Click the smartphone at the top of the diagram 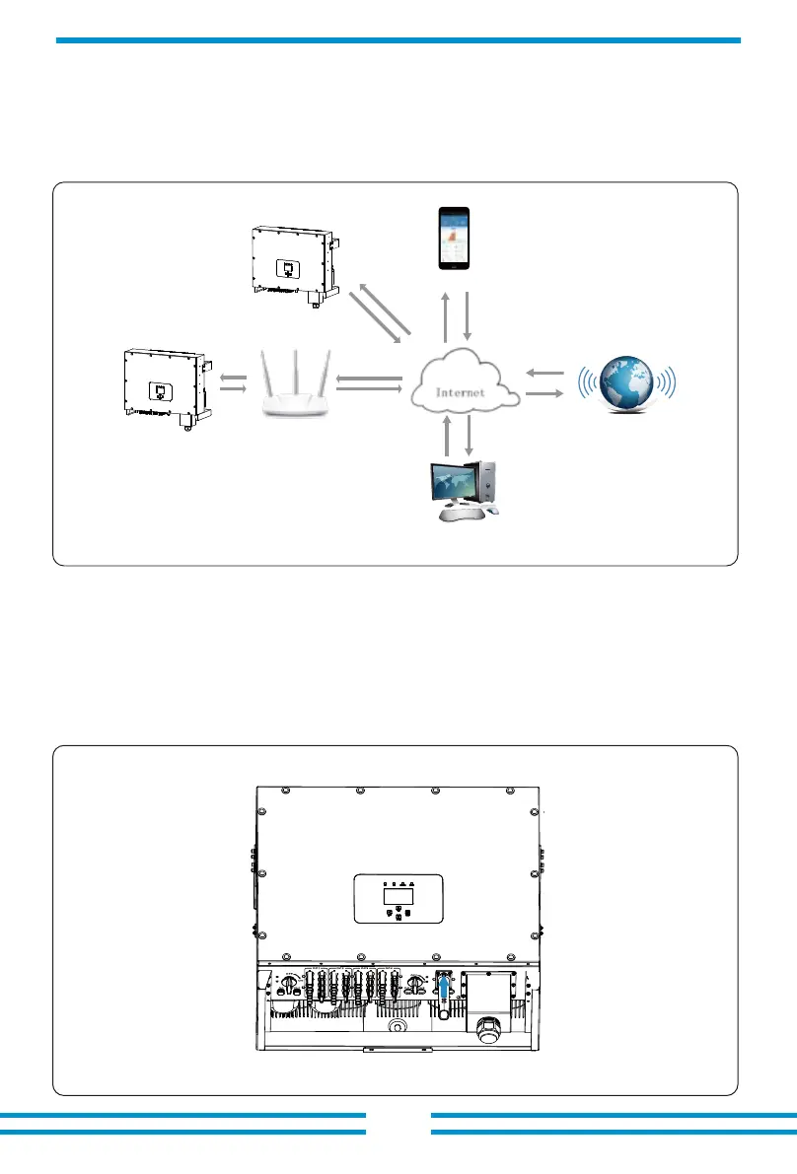pos(454,238)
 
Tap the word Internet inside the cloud pos(462,391)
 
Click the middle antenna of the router pos(294,367)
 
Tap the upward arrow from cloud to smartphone pos(446,314)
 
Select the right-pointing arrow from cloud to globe pos(545,393)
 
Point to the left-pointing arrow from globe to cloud pos(545,374)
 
